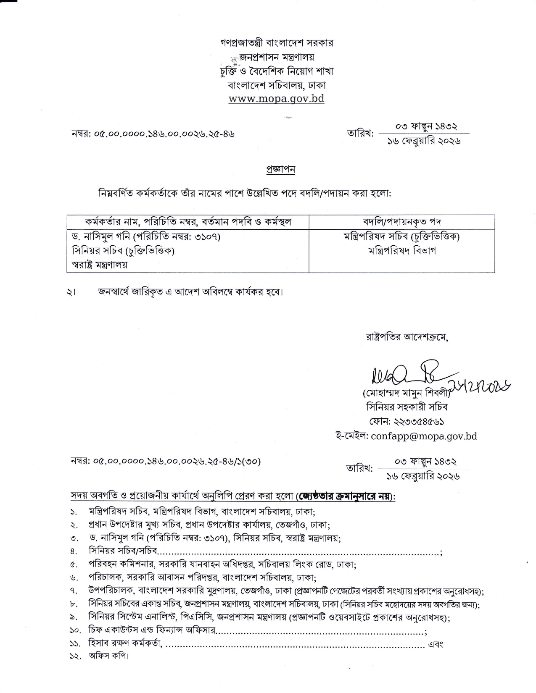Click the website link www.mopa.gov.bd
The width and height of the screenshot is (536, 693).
coord(276,99)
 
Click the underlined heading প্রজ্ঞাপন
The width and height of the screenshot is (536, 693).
coord(281,169)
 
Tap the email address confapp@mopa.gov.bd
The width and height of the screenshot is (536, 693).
coord(424,436)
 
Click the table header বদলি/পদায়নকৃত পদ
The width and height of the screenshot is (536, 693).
coord(401,221)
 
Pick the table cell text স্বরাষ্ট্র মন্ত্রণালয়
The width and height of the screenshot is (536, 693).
coord(100,265)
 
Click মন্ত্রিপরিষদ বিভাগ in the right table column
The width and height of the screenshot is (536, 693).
coord(401,251)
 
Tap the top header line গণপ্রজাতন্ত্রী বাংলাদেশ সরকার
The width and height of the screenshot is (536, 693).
coord(277,43)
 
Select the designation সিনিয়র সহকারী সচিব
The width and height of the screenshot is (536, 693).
coord(407,407)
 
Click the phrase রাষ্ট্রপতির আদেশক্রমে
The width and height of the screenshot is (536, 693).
coord(407,337)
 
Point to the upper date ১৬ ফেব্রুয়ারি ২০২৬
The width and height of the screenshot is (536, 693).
coord(424,141)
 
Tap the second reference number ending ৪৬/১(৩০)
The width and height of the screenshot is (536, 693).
coord(166,462)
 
